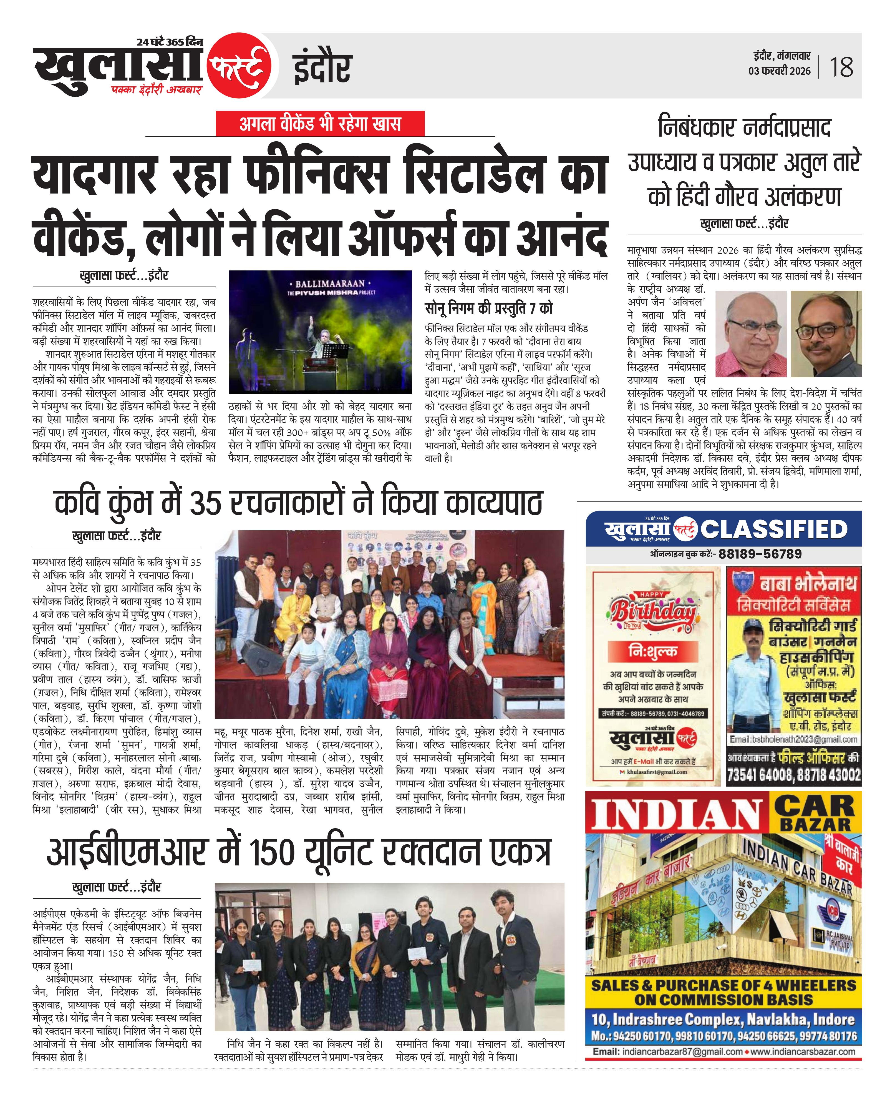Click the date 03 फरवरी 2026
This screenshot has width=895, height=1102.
(780, 71)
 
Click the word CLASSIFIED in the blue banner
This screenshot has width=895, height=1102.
(773, 529)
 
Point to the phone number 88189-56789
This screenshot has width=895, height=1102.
(760, 554)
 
